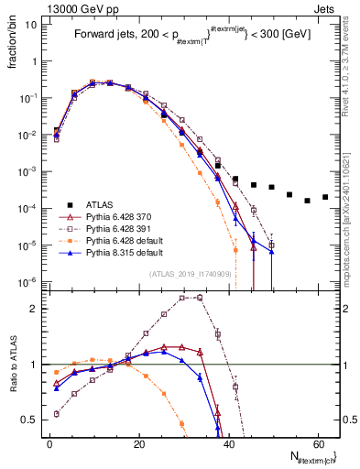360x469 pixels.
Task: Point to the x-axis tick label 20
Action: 137,443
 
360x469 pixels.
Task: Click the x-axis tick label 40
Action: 227,443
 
